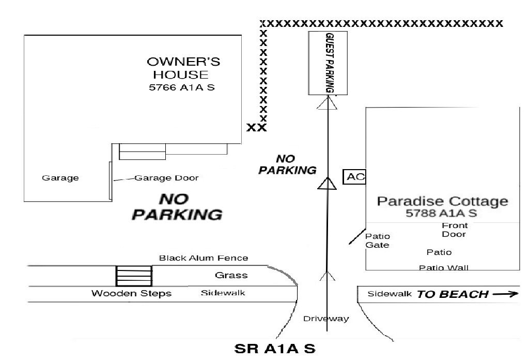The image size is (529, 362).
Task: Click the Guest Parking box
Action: pos(328,63)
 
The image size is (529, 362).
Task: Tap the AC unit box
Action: pos(354,177)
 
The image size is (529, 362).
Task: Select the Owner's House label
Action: pos(183,68)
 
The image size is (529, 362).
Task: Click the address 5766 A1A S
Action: pos(182,87)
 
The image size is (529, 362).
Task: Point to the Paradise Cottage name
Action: pos(442,201)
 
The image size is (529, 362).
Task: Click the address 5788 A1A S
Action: pos(441,213)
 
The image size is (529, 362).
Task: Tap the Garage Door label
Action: pos(166,178)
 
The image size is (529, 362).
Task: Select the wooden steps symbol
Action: pos(134,276)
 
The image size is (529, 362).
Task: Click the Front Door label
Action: pos(455,230)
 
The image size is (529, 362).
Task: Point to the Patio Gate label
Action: pos(378,240)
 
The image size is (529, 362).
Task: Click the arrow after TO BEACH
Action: pos(505,294)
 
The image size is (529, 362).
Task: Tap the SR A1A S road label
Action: pos(275,349)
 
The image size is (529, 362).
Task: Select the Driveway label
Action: pos(326,319)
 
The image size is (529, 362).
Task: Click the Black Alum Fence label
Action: pos(204,258)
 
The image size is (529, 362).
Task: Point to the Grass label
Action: pos(231,275)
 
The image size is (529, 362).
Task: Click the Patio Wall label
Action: pos(444,268)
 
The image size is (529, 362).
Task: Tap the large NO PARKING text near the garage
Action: pos(177,207)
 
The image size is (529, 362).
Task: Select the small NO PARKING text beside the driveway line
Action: pos(287,164)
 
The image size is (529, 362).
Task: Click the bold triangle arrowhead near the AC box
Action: pos(327,184)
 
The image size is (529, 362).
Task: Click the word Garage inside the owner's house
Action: pos(60,178)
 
